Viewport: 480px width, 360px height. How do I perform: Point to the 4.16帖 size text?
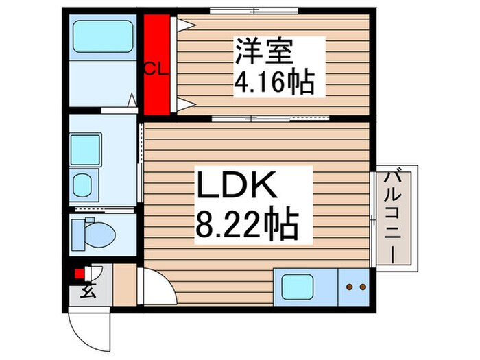[x=274, y=83]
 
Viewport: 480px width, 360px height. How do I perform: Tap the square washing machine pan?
[x=86, y=149]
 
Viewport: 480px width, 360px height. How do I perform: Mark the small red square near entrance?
[x=79, y=274]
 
